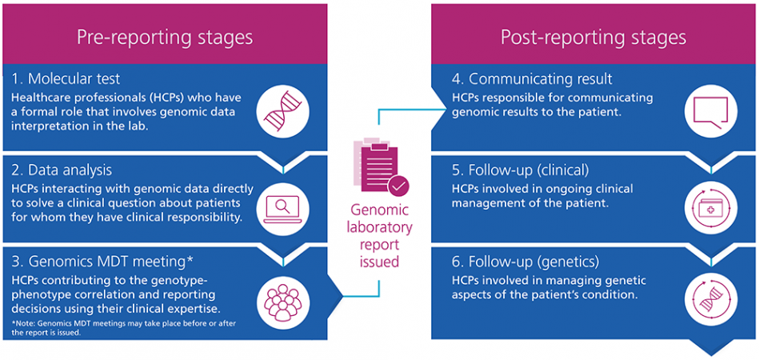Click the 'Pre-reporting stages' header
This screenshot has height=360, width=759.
[x=165, y=38]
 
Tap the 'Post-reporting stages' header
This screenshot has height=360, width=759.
[x=593, y=38]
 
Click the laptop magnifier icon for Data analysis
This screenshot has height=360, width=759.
[x=282, y=209]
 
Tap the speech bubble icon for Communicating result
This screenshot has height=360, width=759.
[x=710, y=111]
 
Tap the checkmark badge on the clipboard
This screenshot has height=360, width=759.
[x=399, y=186]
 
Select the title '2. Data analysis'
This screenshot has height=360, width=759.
[x=63, y=170]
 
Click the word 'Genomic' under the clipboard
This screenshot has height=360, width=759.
[x=379, y=210]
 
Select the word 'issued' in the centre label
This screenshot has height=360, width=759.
[x=379, y=262]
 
